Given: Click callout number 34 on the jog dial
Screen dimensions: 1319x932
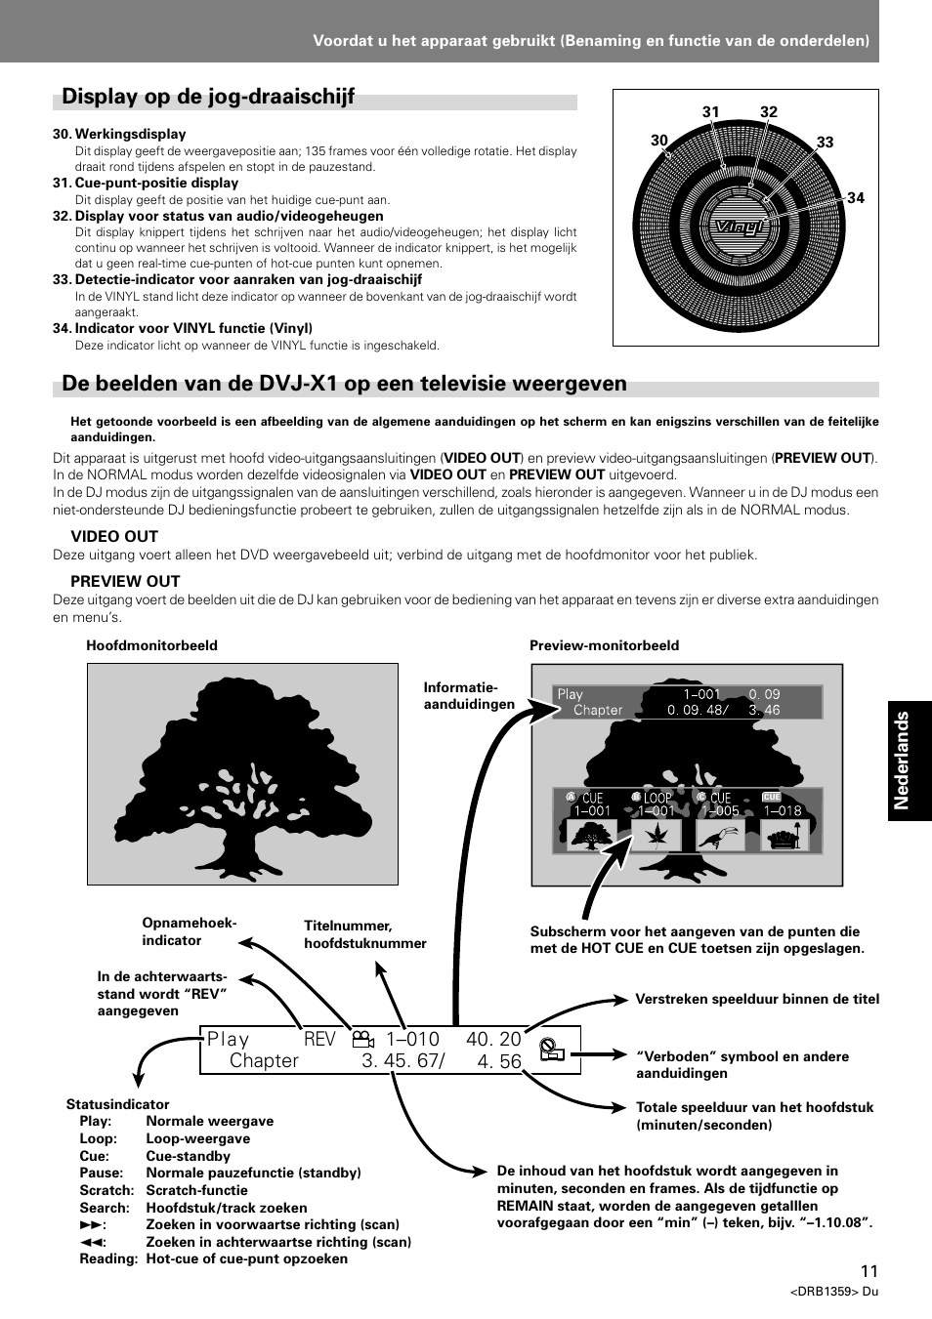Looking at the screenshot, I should [856, 198].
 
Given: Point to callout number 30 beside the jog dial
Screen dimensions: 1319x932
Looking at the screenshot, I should [659, 141].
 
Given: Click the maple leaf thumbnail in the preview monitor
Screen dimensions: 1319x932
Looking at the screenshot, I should [656, 836].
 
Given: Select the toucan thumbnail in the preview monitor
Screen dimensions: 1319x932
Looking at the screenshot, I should [720, 836].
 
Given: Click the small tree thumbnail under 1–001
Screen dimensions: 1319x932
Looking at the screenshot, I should [591, 836].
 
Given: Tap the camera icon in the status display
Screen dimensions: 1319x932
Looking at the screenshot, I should [363, 1040].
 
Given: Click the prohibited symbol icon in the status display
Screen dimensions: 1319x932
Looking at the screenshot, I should [552, 1049].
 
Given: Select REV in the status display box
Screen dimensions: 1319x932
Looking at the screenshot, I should [319, 1040].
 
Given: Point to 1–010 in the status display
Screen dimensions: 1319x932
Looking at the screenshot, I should [412, 1040].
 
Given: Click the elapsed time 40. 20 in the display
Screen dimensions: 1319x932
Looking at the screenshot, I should [493, 1040].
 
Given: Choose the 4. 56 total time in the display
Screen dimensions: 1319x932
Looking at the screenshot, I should [499, 1061].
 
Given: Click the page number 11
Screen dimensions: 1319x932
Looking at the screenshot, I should [869, 1271].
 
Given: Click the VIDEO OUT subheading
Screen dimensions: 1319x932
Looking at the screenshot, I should [114, 537].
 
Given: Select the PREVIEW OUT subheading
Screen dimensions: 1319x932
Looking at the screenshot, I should [125, 582].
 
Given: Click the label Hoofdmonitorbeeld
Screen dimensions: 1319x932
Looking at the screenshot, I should [151, 645].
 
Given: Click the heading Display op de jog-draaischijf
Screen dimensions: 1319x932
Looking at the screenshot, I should [208, 97].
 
